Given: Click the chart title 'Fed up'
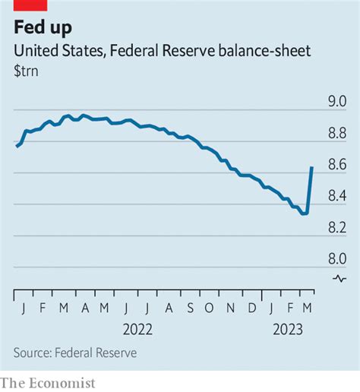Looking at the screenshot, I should pyautogui.click(x=45, y=28).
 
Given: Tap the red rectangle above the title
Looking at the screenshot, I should pyautogui.click(x=29, y=5).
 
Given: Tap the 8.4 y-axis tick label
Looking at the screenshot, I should pyautogui.click(x=336, y=196).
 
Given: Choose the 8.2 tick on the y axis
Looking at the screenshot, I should pyautogui.click(x=336, y=227).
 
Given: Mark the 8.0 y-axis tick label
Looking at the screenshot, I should pyautogui.click(x=336, y=258).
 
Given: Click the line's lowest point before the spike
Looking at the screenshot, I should pyautogui.click(x=305, y=213).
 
